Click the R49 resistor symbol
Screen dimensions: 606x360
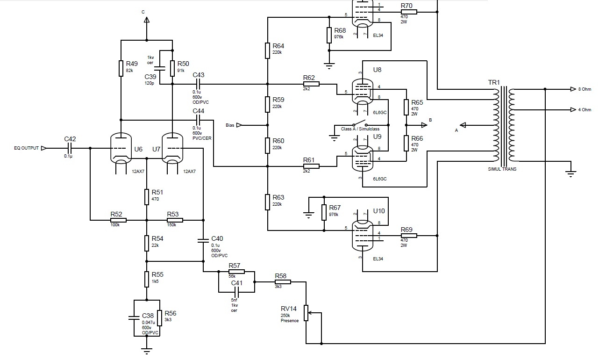pyautogui.click(x=121, y=68)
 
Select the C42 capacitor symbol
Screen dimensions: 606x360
pyautogui.click(x=70, y=148)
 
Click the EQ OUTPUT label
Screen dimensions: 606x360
pyautogui.click(x=26, y=148)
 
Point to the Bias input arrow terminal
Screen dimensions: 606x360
pyautogui.click(x=239, y=125)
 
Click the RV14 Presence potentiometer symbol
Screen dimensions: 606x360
pyautogui.click(x=306, y=313)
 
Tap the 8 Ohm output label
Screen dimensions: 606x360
pyautogui.click(x=585, y=89)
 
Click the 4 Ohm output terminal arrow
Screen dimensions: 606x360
pyautogui.click(x=573, y=109)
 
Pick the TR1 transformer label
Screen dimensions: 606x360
pyautogui.click(x=494, y=82)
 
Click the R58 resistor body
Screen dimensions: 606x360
pyautogui.click(x=283, y=282)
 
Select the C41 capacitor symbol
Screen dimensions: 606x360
pyautogui.click(x=236, y=292)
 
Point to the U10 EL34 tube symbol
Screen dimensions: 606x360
pyautogui.click(x=363, y=236)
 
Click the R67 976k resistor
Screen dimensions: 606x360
pyautogui.click(x=324, y=212)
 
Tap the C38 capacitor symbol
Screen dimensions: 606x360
pyautogui.click(x=134, y=318)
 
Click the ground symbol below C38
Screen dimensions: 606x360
pyautogui.click(x=147, y=351)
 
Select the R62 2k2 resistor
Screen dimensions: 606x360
pyautogui.click(x=311, y=84)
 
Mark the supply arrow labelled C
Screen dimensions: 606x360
pyautogui.click(x=147, y=20)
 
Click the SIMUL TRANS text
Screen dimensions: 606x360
pyautogui.click(x=502, y=169)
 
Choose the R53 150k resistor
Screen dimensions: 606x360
pyautogui.click(x=175, y=220)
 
